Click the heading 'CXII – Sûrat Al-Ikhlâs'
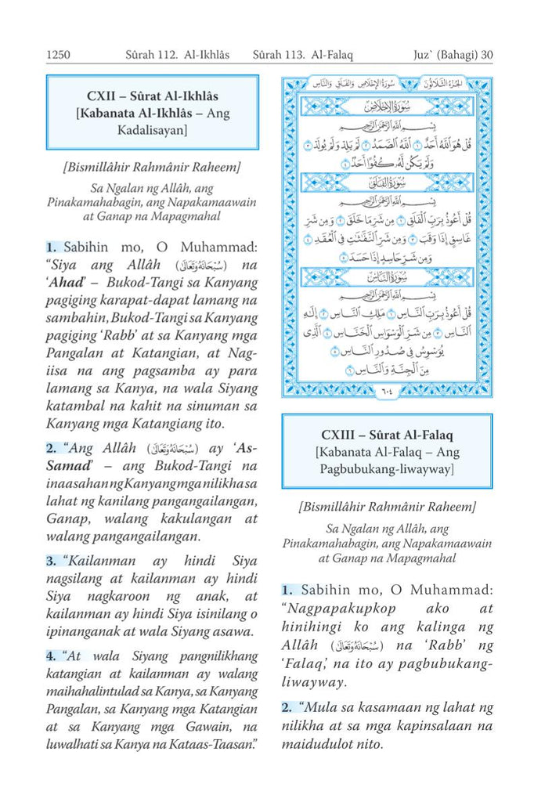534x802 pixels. click(x=152, y=94)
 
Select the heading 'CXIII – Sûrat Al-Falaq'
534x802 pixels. click(x=387, y=435)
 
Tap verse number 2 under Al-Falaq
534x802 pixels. click(x=287, y=708)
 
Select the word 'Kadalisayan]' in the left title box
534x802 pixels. click(x=152, y=132)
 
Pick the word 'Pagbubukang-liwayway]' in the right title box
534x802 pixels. click(x=387, y=470)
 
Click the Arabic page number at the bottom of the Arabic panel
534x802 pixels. click(x=387, y=388)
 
